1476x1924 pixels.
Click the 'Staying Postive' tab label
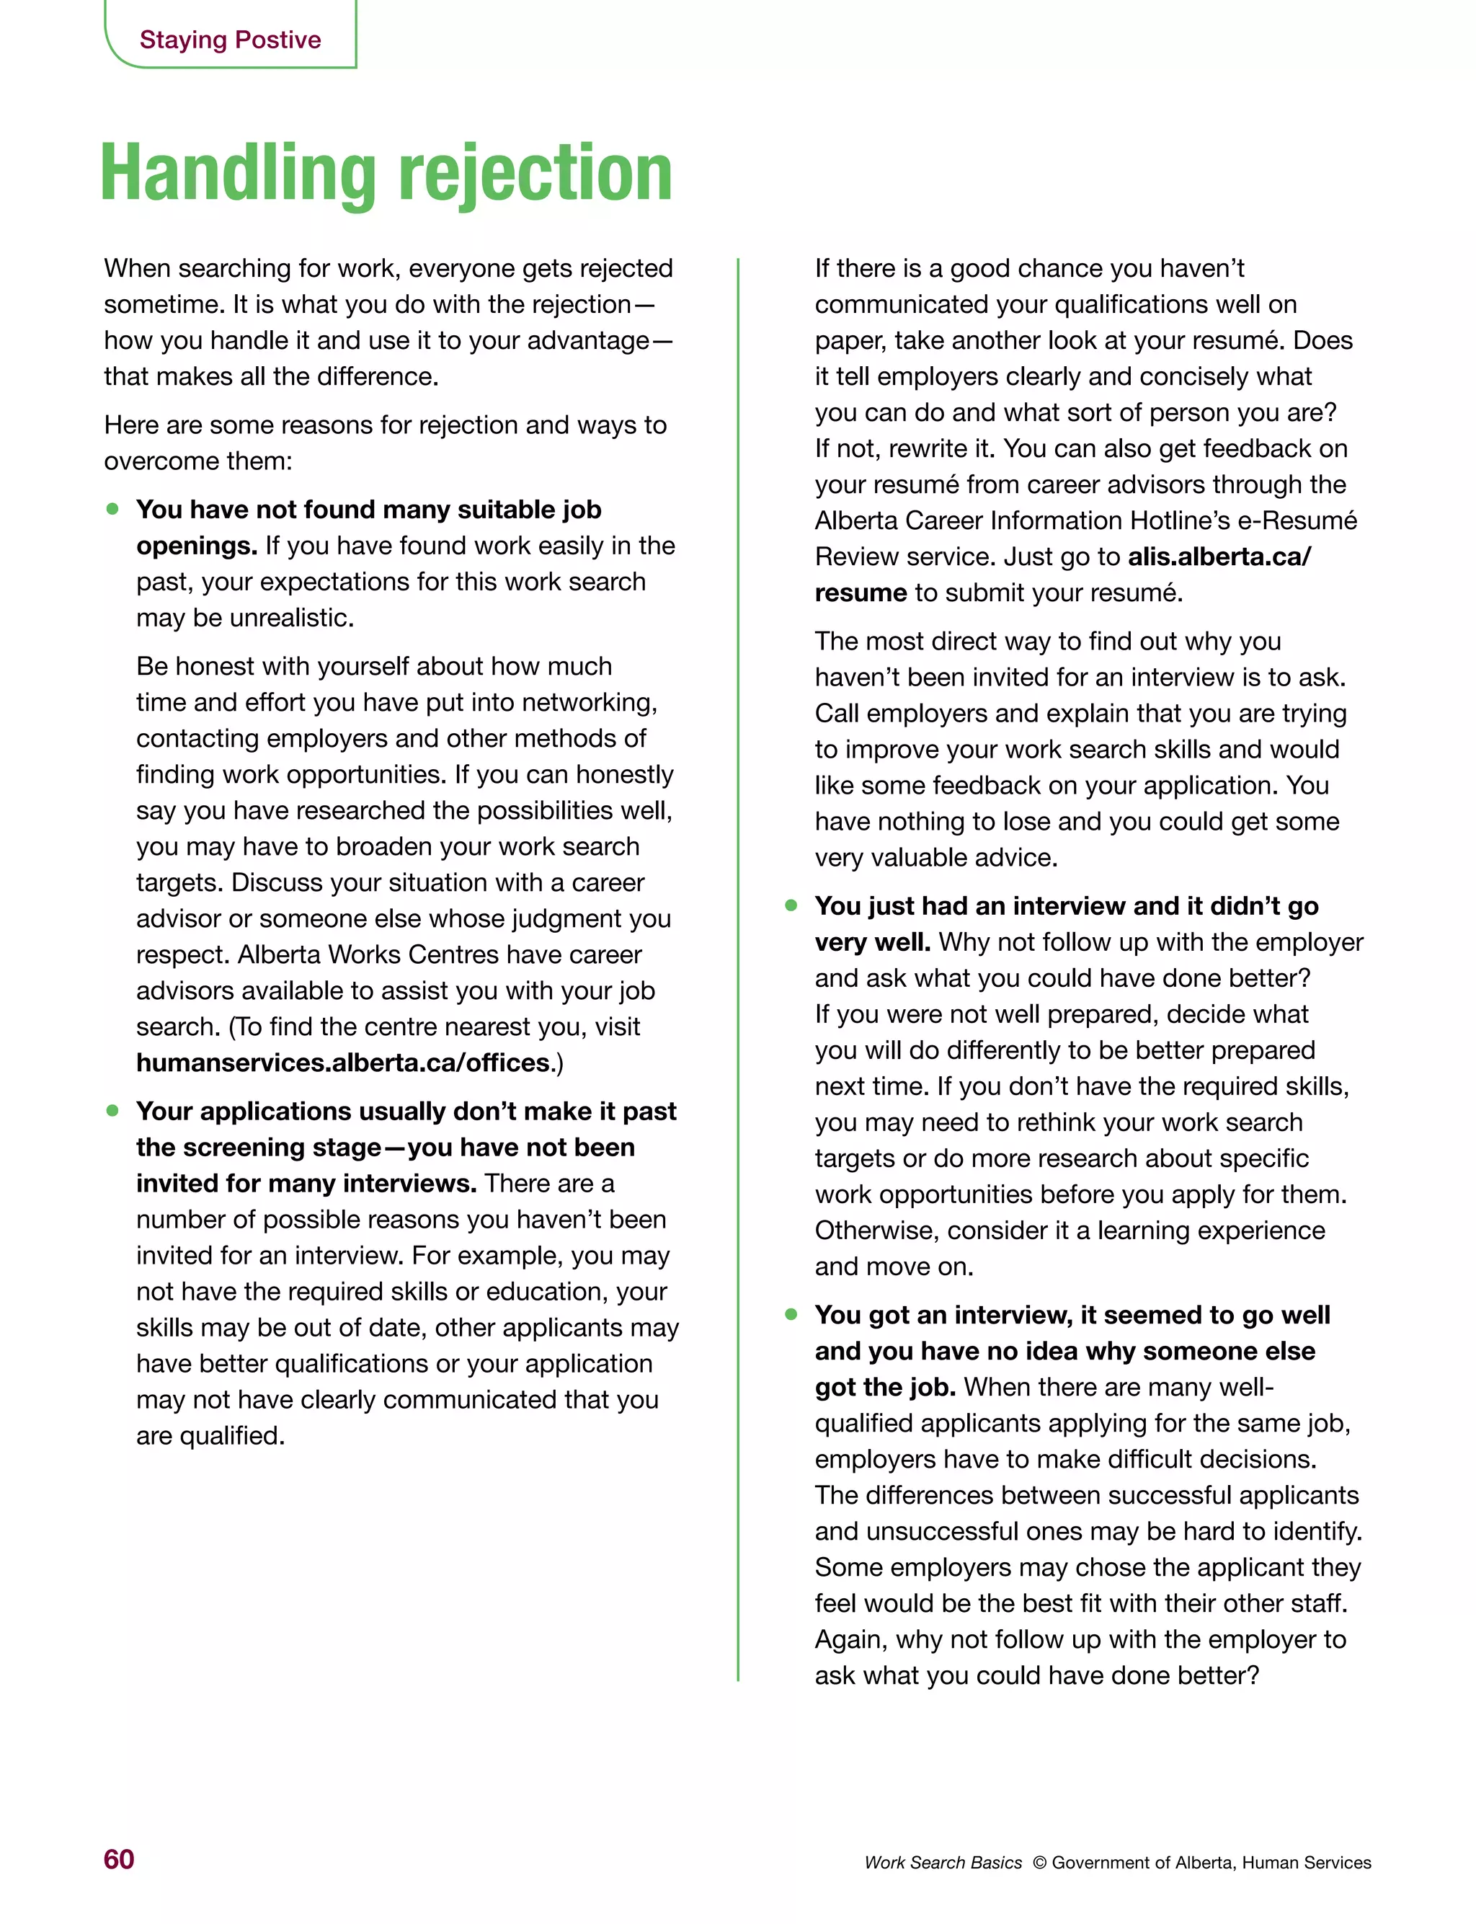point(230,40)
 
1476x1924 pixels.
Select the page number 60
point(119,1859)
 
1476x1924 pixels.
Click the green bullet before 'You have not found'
point(112,509)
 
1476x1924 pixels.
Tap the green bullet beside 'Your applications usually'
point(112,1110)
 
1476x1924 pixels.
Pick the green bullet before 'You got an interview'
point(791,1314)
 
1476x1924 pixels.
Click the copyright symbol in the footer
point(1039,1863)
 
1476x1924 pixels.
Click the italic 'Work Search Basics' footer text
point(943,1863)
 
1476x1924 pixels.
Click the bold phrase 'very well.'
point(873,941)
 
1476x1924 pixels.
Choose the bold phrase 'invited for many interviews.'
point(306,1184)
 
